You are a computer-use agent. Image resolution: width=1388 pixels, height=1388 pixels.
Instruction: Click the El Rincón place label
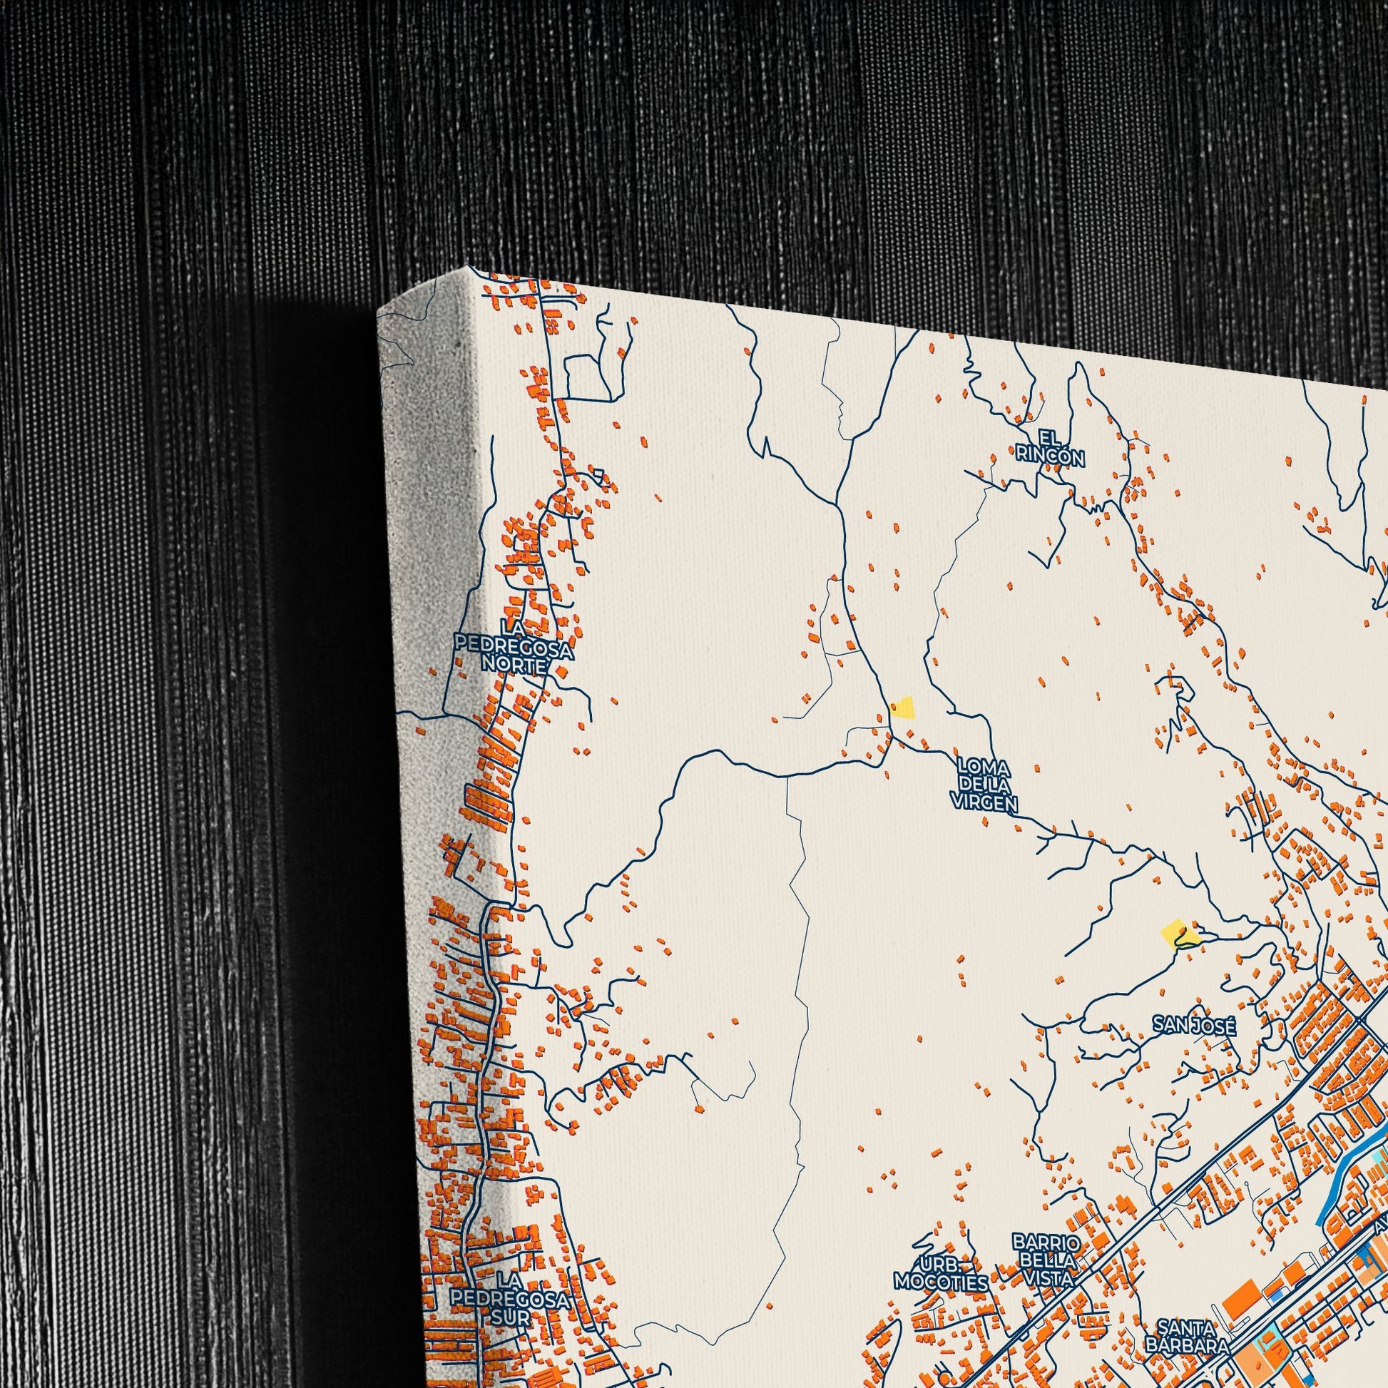click(1050, 447)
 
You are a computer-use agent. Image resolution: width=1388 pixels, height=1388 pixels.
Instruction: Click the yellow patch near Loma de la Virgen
click(902, 708)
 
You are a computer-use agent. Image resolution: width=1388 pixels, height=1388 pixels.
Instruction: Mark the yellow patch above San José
click(1179, 934)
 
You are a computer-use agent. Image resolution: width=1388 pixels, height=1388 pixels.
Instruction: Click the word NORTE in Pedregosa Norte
click(514, 665)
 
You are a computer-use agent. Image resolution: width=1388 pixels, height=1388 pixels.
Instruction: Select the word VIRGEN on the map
click(984, 804)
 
